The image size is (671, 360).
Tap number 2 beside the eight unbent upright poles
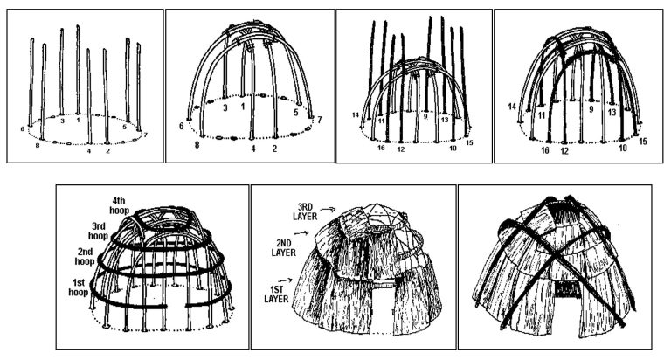[107, 151]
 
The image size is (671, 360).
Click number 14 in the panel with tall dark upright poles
[356, 115]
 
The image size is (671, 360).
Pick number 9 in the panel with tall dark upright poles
[425, 115]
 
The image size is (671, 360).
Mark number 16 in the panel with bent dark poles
[544, 150]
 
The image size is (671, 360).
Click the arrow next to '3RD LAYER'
[329, 209]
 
